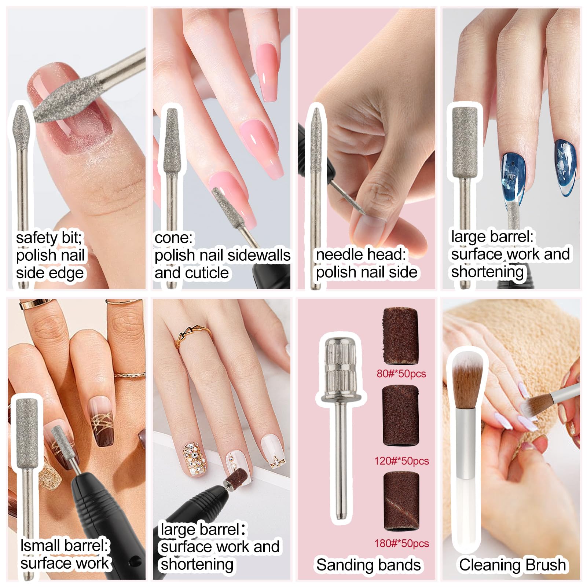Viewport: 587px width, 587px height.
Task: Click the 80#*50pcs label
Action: (401, 374)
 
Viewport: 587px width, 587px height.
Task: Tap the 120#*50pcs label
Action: (401, 461)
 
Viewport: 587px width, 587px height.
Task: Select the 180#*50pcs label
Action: (401, 543)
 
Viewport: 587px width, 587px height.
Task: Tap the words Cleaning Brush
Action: (512, 565)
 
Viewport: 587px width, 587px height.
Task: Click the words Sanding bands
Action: (368, 565)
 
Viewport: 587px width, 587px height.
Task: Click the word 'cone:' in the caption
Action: (173, 238)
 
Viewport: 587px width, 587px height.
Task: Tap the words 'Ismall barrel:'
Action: (65, 546)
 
